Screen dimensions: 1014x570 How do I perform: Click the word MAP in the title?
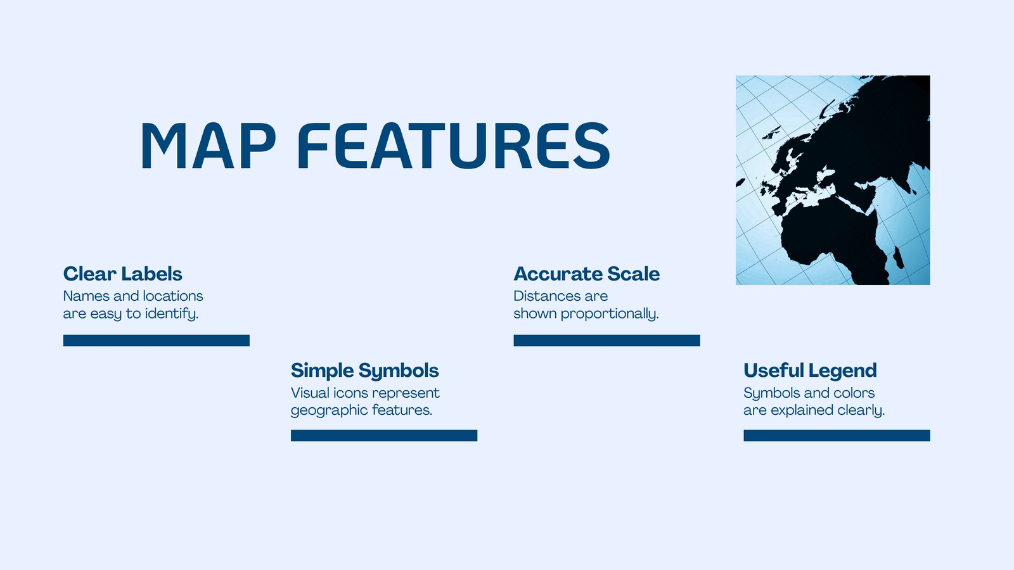209,145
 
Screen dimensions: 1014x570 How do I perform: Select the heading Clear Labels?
123,274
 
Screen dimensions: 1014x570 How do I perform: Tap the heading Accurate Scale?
587,274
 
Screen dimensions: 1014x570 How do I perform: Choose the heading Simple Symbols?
365,371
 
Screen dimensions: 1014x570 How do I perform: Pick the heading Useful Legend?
811,371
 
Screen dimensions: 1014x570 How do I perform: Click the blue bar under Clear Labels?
156,341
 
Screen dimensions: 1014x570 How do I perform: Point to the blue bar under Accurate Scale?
606,341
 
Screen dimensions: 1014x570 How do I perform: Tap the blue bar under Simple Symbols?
384,436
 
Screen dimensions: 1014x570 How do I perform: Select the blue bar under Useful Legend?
837,436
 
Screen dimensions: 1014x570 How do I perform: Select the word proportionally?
610,314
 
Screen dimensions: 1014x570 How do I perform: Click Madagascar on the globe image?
898,258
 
